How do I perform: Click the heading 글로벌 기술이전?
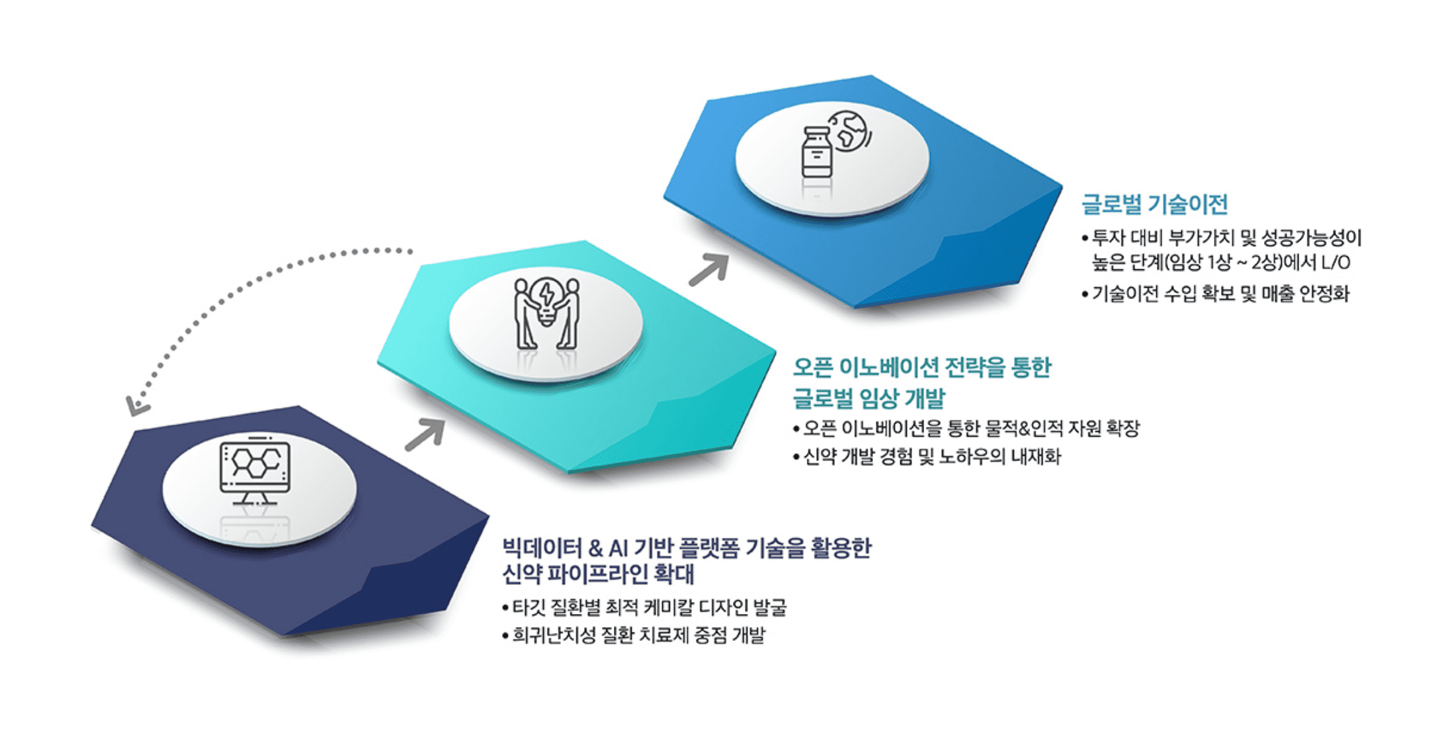pyautogui.click(x=1154, y=204)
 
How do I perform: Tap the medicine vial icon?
pyautogui.click(x=816, y=153)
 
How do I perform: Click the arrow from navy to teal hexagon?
pyautogui.click(x=425, y=435)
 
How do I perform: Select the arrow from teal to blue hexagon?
pyautogui.click(x=709, y=269)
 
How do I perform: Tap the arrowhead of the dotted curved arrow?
pyautogui.click(x=136, y=406)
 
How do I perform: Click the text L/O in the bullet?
pyautogui.click(x=1335, y=263)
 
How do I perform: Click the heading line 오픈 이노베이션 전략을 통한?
pyautogui.click(x=922, y=367)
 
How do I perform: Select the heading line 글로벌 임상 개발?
pyautogui.click(x=868, y=398)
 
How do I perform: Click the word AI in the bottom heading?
pyautogui.click(x=618, y=548)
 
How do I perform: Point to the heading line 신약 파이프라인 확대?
pyautogui.click(x=598, y=574)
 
